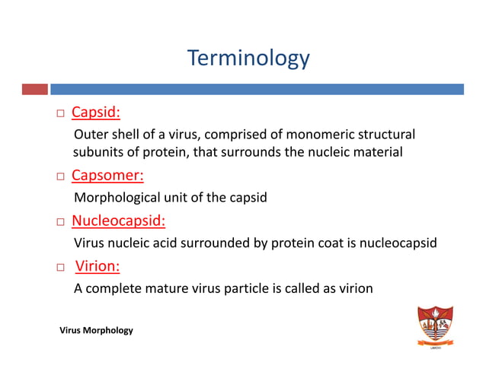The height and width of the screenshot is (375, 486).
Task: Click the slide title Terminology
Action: coord(248,58)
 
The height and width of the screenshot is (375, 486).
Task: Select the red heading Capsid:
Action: coord(96,113)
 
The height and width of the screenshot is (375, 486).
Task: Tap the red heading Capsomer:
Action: coord(107,176)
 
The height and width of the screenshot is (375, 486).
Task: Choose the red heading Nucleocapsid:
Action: coord(118,221)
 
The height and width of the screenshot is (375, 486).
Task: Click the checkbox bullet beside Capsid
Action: coord(59,115)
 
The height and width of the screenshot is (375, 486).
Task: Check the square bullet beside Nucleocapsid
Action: coord(59,223)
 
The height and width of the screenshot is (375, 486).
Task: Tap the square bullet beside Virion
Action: coord(59,268)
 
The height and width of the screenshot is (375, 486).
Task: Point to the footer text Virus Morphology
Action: coord(96,330)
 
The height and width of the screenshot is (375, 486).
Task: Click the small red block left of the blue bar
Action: coord(34,89)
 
